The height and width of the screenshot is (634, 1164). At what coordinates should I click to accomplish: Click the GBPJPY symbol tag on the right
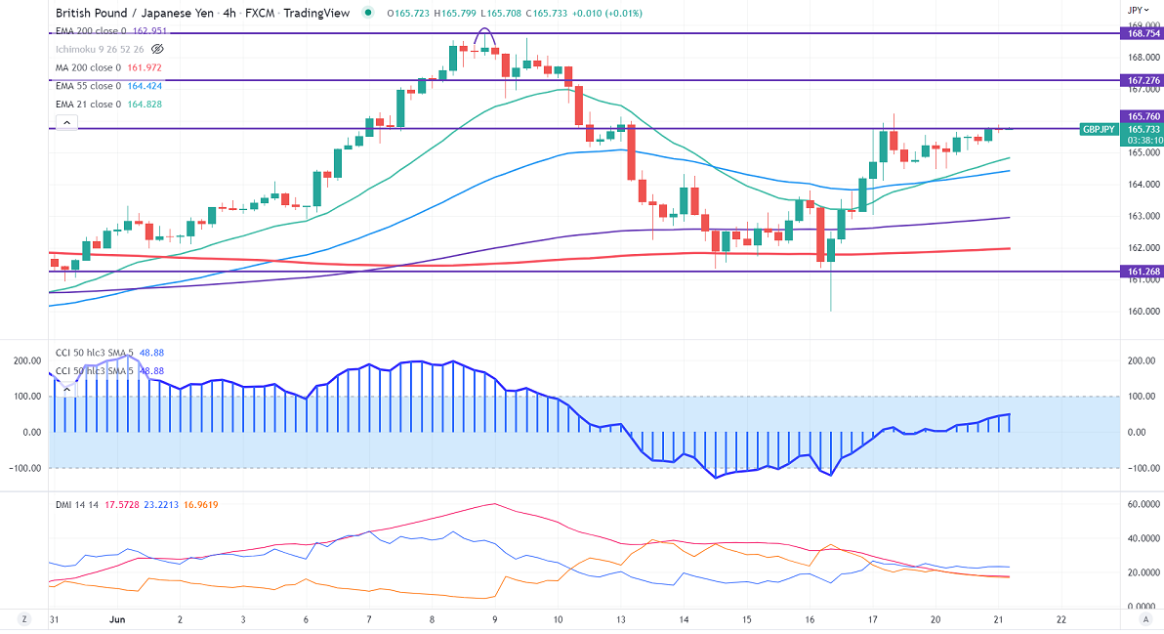coord(1100,129)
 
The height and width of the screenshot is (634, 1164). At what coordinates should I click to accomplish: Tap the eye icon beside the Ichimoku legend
coord(158,49)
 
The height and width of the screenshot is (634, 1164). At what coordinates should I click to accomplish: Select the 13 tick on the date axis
coord(620,619)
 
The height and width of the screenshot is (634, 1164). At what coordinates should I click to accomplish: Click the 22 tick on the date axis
coord(1060,619)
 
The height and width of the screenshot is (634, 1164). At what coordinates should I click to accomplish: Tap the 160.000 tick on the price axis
coord(1143,312)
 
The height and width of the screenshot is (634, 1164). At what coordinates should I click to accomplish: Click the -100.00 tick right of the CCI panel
coord(1140,468)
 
